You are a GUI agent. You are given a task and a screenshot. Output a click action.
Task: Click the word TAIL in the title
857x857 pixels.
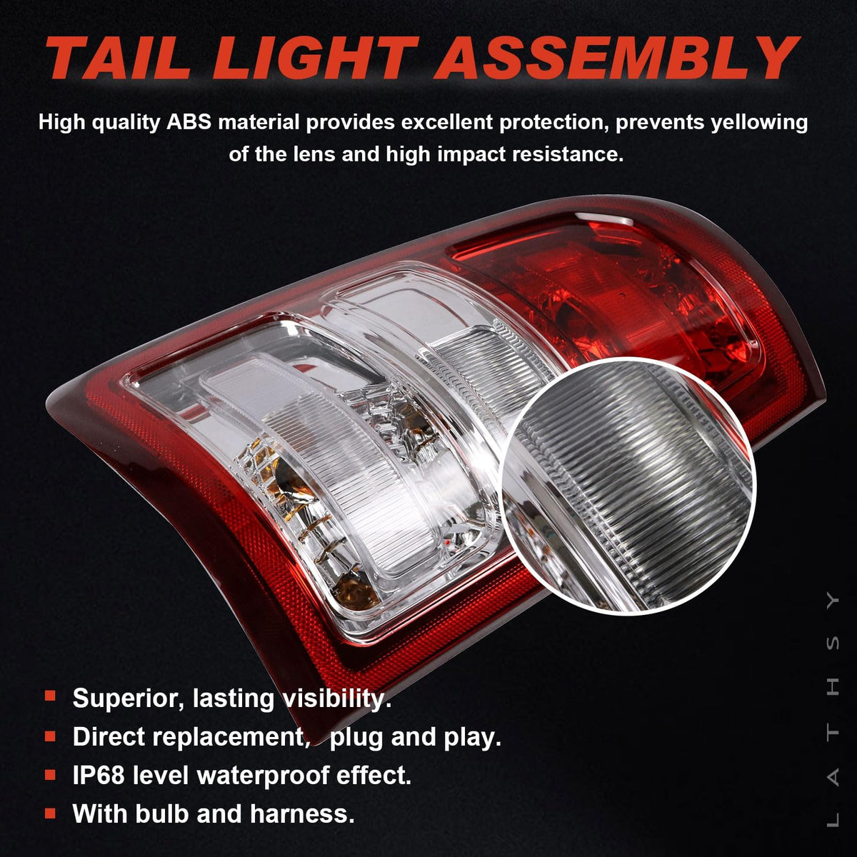120,58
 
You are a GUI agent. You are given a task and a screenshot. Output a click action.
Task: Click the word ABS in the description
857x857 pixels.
189,123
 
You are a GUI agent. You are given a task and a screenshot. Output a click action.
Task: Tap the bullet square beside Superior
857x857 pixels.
50,696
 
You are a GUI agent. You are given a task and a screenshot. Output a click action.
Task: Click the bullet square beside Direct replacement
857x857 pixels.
50,736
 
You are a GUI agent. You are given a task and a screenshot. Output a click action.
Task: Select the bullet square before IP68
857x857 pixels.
50,775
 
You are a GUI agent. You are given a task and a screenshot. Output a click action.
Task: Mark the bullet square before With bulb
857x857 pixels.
50,814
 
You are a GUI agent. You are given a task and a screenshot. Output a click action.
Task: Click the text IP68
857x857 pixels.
99,776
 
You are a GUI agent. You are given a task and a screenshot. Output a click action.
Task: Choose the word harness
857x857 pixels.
301,814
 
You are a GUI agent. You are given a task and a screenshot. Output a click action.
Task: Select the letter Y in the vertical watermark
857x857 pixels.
833,601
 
